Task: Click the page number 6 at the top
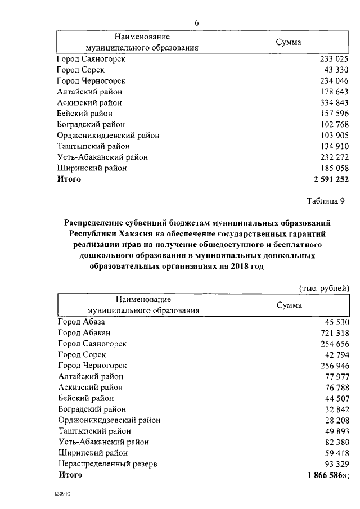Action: coord(196,23)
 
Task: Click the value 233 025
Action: coord(334,59)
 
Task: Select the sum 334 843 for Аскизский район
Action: coord(334,103)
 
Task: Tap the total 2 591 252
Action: coord(328,179)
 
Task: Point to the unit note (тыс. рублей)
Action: coord(323,288)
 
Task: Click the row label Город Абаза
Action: coord(82,322)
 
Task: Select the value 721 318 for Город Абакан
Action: coord(334,333)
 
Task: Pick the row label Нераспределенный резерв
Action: coord(107,464)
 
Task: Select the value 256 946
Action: coord(334,366)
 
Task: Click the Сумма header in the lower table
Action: coord(289,305)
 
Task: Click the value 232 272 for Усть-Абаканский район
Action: coord(334,157)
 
